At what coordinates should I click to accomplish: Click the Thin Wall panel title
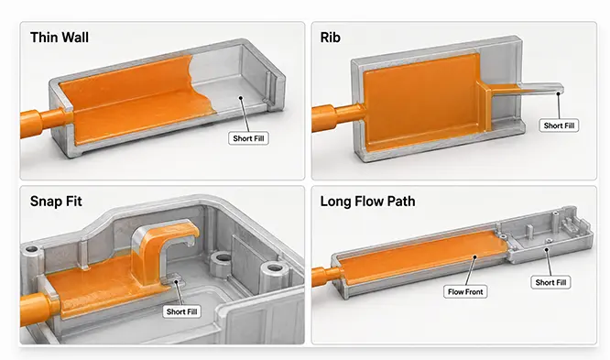click(60, 38)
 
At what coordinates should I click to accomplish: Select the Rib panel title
click(331, 38)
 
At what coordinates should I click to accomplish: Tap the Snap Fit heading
click(56, 202)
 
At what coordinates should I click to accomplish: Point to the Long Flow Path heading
click(367, 202)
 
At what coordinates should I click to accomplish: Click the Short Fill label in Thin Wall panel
click(248, 138)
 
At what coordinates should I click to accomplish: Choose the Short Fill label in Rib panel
click(559, 125)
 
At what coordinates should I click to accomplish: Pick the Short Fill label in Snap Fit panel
click(181, 311)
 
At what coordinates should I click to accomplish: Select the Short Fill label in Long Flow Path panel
click(550, 282)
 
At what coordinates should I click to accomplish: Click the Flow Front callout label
click(465, 291)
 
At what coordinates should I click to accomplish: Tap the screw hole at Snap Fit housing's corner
click(31, 248)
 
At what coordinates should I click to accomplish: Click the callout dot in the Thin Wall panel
click(241, 98)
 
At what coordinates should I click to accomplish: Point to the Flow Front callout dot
click(475, 256)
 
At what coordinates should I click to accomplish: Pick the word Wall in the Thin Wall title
click(73, 38)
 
